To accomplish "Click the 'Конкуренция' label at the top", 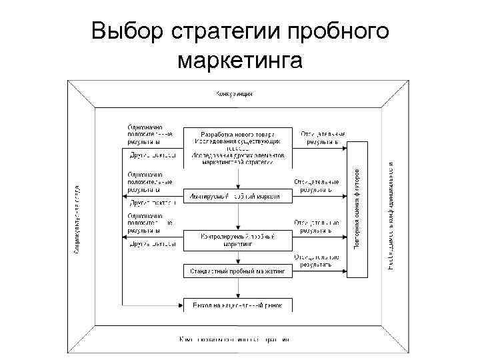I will click(x=233, y=93).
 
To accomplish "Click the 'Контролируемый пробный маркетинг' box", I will click(x=237, y=240).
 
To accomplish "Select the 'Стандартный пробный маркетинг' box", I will click(x=237, y=271).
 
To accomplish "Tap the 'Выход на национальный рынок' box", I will click(x=237, y=306).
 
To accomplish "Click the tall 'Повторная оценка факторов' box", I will click(x=357, y=209).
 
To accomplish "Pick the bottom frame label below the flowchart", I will click(x=233, y=339).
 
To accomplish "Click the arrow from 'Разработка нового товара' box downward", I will click(x=237, y=177).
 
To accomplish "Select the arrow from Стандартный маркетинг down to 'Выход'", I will click(x=237, y=289).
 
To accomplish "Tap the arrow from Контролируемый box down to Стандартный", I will click(x=237, y=257).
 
